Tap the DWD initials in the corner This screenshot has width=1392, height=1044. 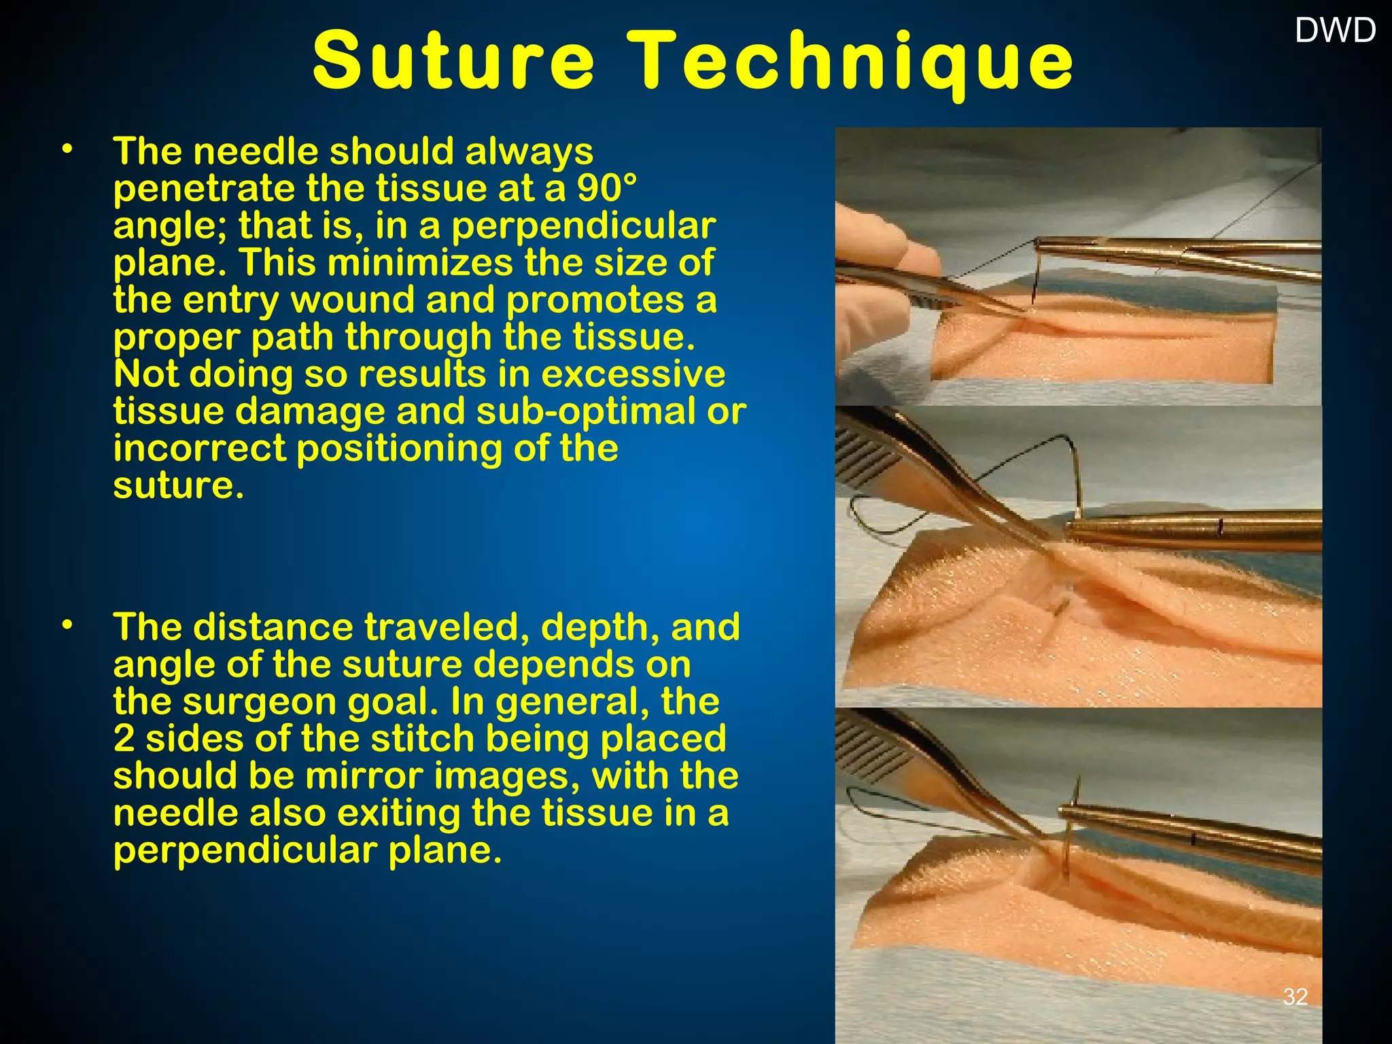coord(1335,31)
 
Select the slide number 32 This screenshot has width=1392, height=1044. coord(1295,996)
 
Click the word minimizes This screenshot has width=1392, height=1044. coord(420,262)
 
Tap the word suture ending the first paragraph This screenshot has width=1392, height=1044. coord(177,485)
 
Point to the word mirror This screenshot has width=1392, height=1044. coord(363,776)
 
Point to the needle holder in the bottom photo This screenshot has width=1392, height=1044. coord(1189,833)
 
